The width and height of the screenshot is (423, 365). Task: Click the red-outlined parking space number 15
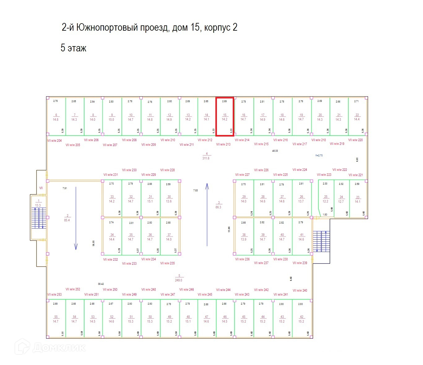(x=225, y=117)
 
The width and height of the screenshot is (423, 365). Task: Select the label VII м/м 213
(x=223, y=144)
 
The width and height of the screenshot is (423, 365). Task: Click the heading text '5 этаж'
(x=73, y=48)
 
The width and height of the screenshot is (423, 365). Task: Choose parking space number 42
(x=302, y=319)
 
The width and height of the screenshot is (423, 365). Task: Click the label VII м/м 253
(x=54, y=294)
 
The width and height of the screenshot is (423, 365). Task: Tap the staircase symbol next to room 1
(x=39, y=218)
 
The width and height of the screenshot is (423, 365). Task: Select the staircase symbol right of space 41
(x=321, y=241)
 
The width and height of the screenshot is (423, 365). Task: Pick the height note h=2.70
(x=319, y=155)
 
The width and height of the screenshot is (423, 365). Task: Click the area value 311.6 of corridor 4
(x=206, y=158)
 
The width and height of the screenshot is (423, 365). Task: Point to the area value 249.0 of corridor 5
(x=179, y=280)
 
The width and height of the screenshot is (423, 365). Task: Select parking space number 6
(x=56, y=117)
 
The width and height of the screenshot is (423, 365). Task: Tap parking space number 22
(x=357, y=117)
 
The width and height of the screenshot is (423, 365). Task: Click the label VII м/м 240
(x=300, y=290)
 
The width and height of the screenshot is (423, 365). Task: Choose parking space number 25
(x=326, y=199)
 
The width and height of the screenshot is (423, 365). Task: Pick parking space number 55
(x=56, y=319)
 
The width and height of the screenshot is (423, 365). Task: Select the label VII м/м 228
(x=167, y=170)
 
